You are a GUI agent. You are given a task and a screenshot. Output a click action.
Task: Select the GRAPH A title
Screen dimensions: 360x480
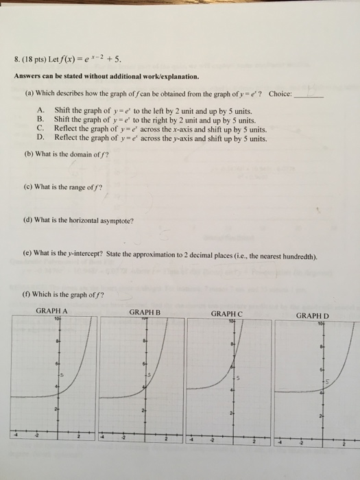coord(51,311)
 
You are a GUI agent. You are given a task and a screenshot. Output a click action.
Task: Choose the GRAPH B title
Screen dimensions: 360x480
coord(144,311)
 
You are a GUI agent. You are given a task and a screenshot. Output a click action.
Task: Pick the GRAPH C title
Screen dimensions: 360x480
coord(228,313)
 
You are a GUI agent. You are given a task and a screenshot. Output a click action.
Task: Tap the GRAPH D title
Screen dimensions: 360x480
coord(313,316)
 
